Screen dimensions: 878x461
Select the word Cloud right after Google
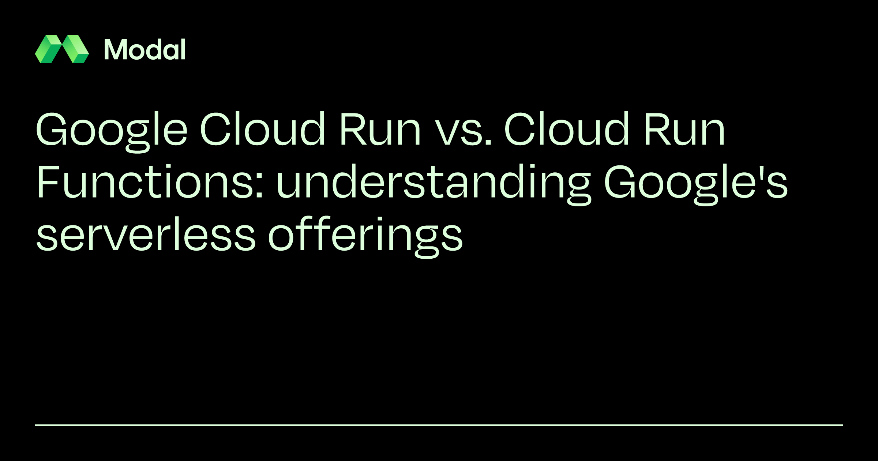pos(262,129)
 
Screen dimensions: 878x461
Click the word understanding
pos(434,184)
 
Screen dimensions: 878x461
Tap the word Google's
pos(696,184)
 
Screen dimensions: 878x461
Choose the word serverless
pos(146,234)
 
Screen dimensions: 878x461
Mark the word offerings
pos(366,237)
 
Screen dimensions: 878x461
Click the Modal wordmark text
pos(145,49)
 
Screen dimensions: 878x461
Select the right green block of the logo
pos(75,49)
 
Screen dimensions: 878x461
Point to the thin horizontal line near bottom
pos(439,425)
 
